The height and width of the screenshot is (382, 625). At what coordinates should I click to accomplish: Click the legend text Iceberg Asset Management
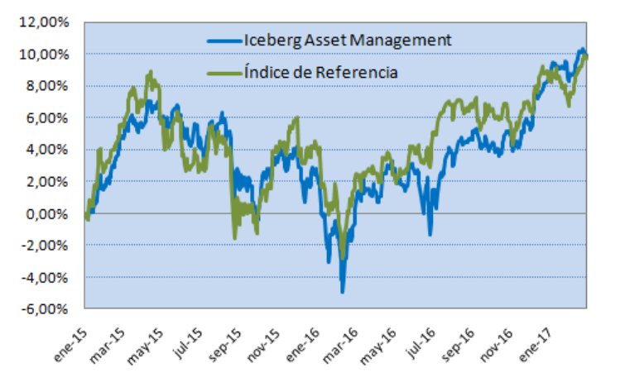click(348, 39)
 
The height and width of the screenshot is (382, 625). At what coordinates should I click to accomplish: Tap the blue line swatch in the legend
click(224, 40)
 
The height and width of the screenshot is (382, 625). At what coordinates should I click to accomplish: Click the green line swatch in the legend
click(224, 73)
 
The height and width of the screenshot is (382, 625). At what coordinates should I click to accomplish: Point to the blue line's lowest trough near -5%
click(342, 290)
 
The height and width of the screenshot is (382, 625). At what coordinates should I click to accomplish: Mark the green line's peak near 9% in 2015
click(149, 73)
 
